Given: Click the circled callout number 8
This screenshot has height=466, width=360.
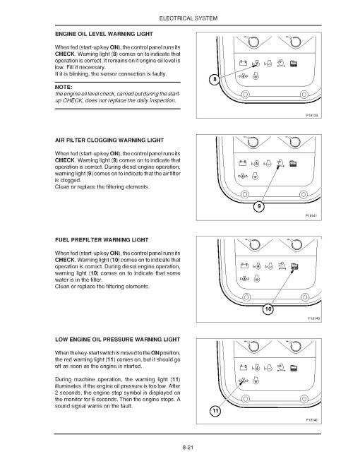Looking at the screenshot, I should tap(225, 80).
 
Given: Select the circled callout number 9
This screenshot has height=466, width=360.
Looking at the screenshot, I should tap(259, 207).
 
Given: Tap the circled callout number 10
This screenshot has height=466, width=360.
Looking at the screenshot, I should tap(268, 309).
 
